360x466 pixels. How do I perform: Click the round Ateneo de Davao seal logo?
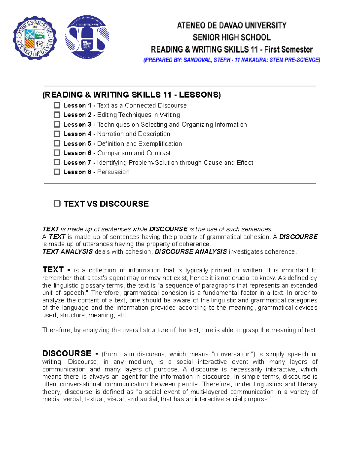34,38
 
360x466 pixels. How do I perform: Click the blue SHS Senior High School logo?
87,37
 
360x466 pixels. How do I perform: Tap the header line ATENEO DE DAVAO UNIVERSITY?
232,25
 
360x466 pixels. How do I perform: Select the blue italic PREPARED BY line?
232,60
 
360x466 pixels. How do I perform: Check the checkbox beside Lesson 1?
57,105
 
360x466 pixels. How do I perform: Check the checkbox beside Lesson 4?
57,134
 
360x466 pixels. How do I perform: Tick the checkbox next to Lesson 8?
57,172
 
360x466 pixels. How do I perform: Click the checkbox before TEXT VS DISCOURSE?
57,204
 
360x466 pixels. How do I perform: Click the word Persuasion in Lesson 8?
113,172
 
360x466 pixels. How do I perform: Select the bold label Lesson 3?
77,125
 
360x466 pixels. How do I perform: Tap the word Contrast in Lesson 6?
158,153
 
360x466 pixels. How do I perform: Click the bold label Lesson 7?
77,163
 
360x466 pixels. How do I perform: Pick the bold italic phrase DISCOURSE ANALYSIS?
191,252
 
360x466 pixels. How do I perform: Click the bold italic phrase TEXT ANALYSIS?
67,252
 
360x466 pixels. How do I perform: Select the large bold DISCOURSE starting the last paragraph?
67,353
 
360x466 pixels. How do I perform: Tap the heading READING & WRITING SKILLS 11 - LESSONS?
131,95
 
